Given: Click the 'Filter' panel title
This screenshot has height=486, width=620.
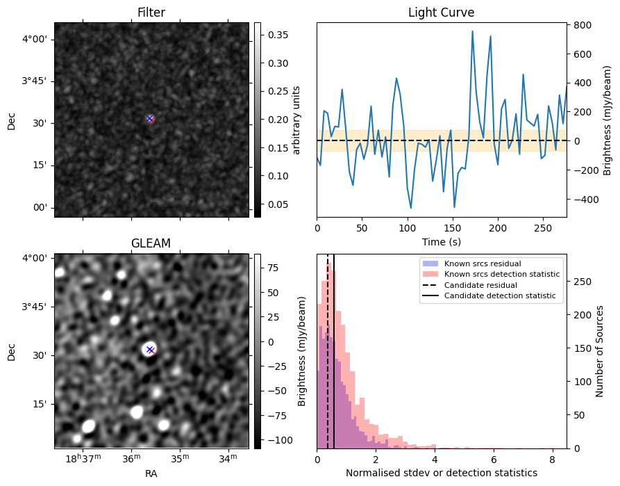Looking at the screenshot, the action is pos(151,13).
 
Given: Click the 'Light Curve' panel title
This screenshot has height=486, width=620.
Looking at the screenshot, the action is pos(442,13).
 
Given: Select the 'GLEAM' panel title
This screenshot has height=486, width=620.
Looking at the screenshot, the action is pos(151,243).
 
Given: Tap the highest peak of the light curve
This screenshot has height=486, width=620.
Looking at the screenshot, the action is pos(473,31).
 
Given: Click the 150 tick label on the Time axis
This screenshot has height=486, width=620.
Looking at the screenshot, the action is pos(453,228).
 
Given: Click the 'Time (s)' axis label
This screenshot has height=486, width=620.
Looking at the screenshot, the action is pos(442,242).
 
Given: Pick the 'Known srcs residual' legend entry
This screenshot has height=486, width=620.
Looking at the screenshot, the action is pos(483,264).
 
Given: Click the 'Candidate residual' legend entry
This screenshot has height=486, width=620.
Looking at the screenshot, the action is pos(480,285).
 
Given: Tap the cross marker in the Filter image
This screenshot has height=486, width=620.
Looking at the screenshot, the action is pos(150,119).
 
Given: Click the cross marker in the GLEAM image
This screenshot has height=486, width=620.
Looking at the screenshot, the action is pos(150,350).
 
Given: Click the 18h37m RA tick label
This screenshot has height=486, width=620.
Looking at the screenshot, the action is pos(83,458).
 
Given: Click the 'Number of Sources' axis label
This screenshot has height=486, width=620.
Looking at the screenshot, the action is pos(599,351).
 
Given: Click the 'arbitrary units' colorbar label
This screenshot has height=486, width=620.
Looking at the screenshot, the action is pos(296,120).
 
